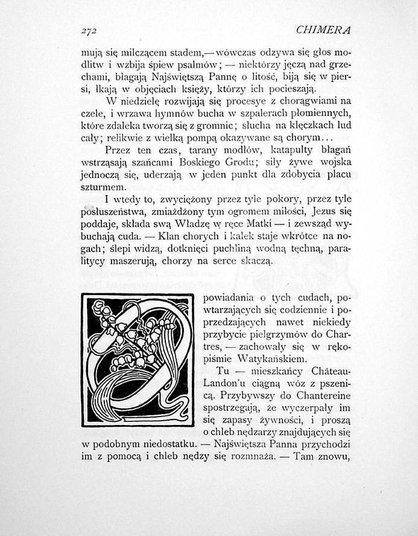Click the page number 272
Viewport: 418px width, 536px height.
89,31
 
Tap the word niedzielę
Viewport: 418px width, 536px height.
140,100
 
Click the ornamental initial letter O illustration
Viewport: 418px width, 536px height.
138,360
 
